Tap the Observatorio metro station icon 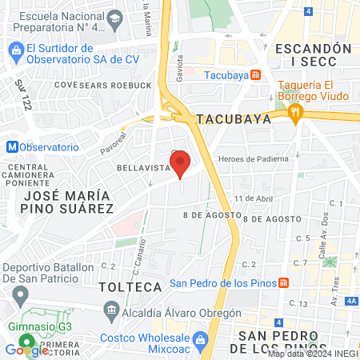coord(11,147)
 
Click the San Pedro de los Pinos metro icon coord(282,282)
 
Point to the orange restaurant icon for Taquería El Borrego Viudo coord(296,112)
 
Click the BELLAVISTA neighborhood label coord(143,168)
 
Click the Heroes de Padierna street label coord(258,159)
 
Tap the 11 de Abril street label coord(249,198)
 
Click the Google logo coord(26,350)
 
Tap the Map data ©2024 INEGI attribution coord(312,354)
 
